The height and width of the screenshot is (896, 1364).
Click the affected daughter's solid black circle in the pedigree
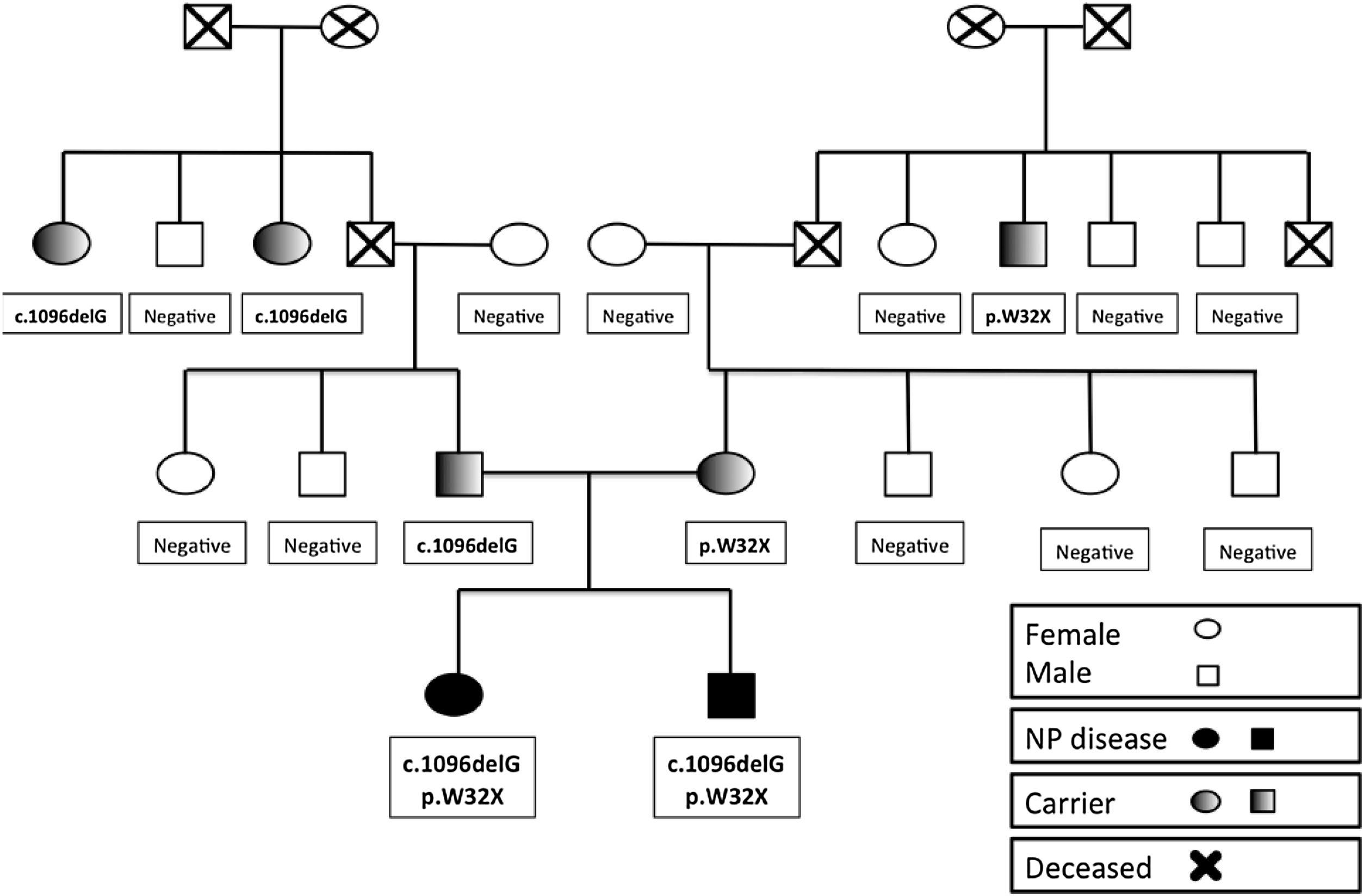(454, 694)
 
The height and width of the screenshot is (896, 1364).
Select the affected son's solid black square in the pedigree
(731, 695)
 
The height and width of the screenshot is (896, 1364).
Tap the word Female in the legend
(1072, 634)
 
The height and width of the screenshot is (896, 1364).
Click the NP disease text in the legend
(1095, 739)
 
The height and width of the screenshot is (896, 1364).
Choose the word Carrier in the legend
(1069, 804)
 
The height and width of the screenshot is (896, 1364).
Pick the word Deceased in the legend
(1088, 868)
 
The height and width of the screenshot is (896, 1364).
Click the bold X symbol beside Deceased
(1206, 866)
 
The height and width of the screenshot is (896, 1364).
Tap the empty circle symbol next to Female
(1207, 629)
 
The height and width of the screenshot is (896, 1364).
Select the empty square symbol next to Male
(1207, 675)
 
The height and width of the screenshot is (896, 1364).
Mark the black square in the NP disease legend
(1262, 739)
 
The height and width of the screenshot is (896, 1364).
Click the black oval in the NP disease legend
(1205, 738)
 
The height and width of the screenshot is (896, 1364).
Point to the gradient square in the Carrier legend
(1262, 801)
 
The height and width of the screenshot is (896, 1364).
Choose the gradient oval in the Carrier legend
(1205, 801)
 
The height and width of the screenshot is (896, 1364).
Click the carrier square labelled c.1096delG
(459, 474)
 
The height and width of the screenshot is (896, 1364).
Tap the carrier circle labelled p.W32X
(726, 473)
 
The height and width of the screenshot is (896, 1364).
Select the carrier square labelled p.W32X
(1023, 244)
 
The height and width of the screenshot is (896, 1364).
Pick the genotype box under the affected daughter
(462, 777)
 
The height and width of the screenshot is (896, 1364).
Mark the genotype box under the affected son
(727, 777)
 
